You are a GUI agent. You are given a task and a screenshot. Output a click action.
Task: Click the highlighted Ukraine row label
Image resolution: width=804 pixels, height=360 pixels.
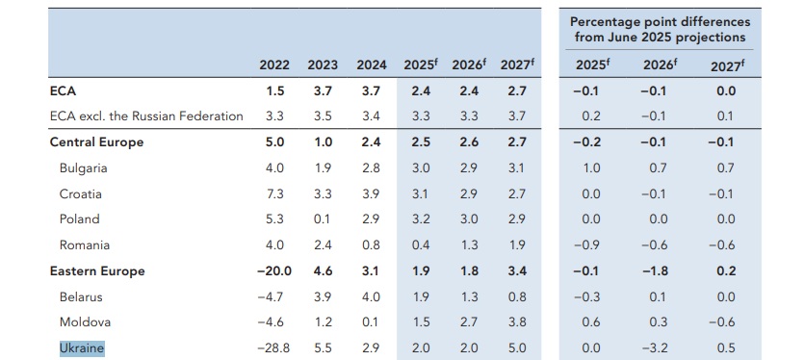[x=82, y=348]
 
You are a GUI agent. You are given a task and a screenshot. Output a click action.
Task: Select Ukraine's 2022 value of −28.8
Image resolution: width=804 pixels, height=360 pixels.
[x=273, y=348]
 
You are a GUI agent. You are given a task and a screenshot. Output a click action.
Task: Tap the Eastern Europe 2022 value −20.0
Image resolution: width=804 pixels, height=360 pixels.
[x=274, y=270]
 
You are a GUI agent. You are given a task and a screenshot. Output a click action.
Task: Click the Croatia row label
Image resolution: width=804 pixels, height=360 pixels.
[x=81, y=193]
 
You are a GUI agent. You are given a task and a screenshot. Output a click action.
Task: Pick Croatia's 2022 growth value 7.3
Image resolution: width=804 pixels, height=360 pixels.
[x=274, y=193]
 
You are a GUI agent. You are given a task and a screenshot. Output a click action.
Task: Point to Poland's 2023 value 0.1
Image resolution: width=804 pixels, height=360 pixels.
[x=323, y=219]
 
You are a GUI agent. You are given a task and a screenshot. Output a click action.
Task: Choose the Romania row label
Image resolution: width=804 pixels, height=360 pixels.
[x=85, y=245]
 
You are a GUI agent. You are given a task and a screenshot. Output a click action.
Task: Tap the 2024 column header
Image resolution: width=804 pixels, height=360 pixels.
[x=372, y=65]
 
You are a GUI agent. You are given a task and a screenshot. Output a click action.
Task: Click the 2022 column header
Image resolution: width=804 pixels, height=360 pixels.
[x=274, y=65]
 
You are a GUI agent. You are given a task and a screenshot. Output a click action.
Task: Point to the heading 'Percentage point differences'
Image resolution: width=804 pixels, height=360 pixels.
[x=660, y=22]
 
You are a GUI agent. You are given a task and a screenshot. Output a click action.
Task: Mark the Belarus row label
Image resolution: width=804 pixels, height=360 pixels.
[x=81, y=296]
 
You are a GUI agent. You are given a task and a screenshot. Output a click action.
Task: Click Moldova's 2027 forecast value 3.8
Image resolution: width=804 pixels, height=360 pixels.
[x=516, y=322]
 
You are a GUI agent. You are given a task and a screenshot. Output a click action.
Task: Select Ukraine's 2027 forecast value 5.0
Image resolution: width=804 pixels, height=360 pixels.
[x=516, y=348]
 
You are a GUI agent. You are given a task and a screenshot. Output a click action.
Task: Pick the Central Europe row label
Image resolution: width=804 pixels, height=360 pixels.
[x=96, y=142]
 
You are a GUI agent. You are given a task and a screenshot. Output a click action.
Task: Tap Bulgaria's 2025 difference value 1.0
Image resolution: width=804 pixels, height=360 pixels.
[x=591, y=167]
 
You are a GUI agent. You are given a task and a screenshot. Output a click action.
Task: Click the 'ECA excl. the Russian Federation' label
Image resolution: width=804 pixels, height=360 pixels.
[x=146, y=116]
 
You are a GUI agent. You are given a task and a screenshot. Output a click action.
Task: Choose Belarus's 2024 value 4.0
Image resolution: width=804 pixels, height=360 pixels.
[x=371, y=296]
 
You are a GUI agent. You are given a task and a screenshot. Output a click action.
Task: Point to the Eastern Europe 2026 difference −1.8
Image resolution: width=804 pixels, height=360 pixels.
[x=655, y=270]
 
